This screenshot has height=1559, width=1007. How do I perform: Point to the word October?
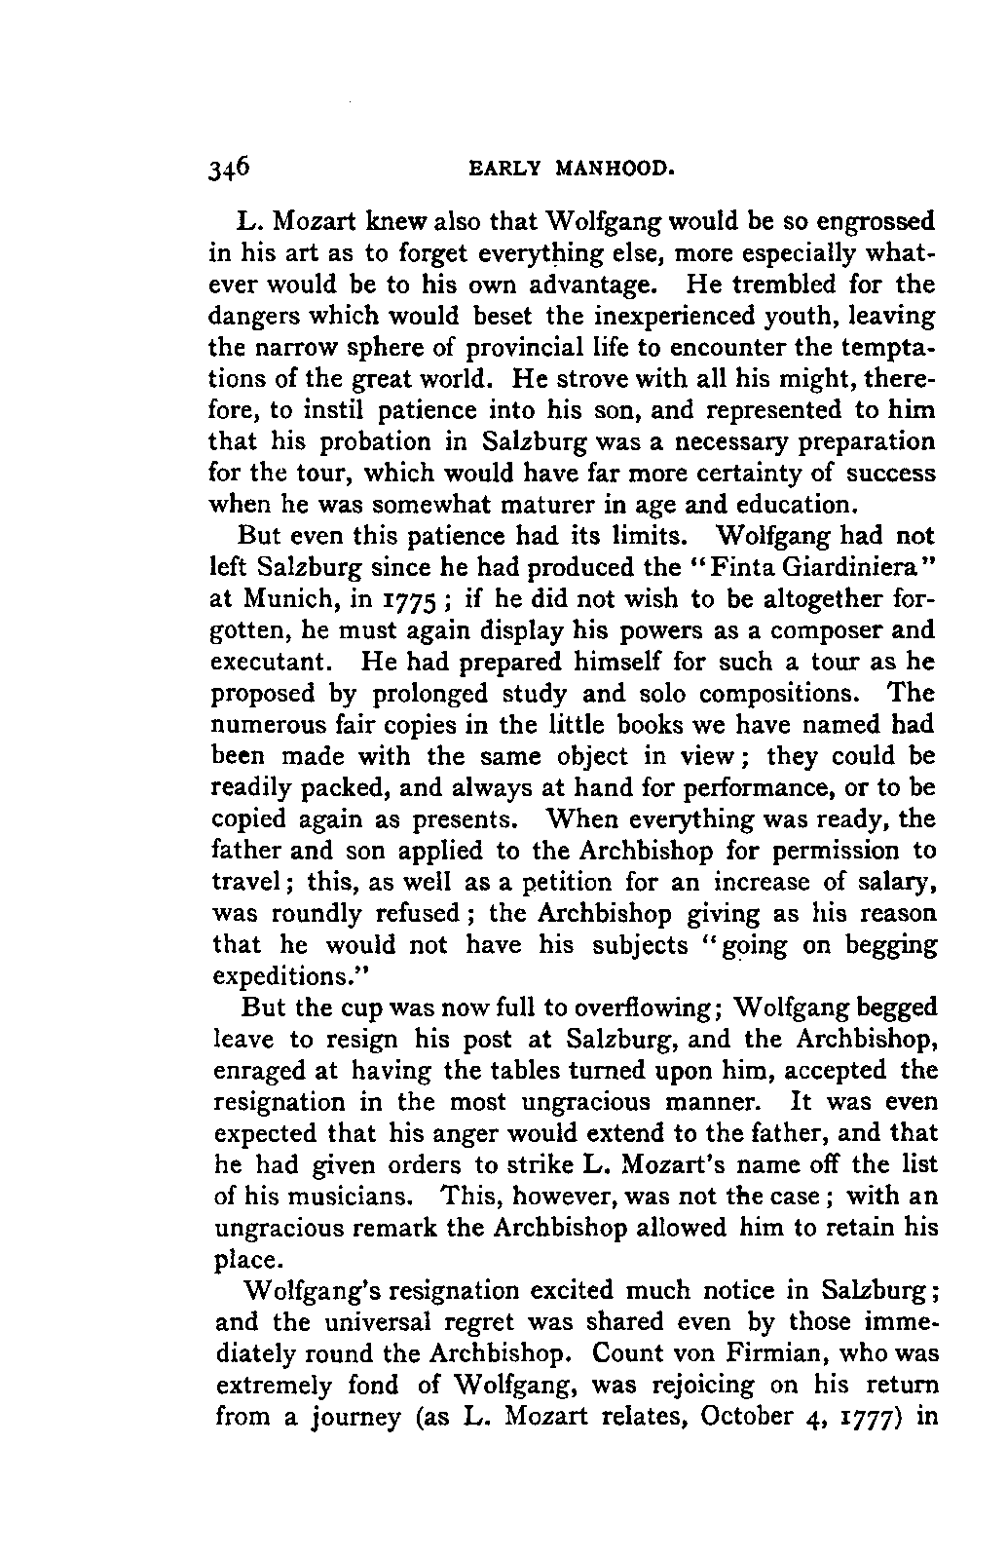point(751,1418)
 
